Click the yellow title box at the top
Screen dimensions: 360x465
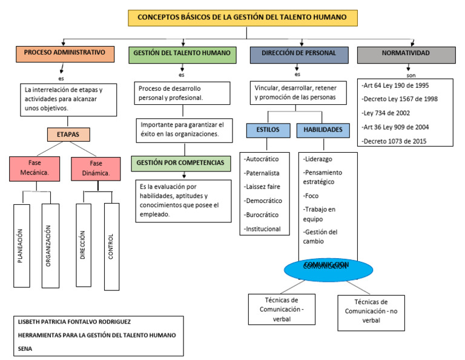point(242,18)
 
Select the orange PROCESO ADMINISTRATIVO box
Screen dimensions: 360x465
point(65,54)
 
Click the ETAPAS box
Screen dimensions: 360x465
point(68,135)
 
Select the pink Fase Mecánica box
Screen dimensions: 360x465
point(33,168)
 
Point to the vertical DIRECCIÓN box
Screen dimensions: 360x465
point(85,245)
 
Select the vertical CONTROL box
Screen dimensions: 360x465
point(112,245)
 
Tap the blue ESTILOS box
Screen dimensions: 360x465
point(267,130)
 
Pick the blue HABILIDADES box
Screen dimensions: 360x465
point(322,130)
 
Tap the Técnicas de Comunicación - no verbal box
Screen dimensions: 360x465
point(371,312)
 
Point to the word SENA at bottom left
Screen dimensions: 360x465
point(25,349)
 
